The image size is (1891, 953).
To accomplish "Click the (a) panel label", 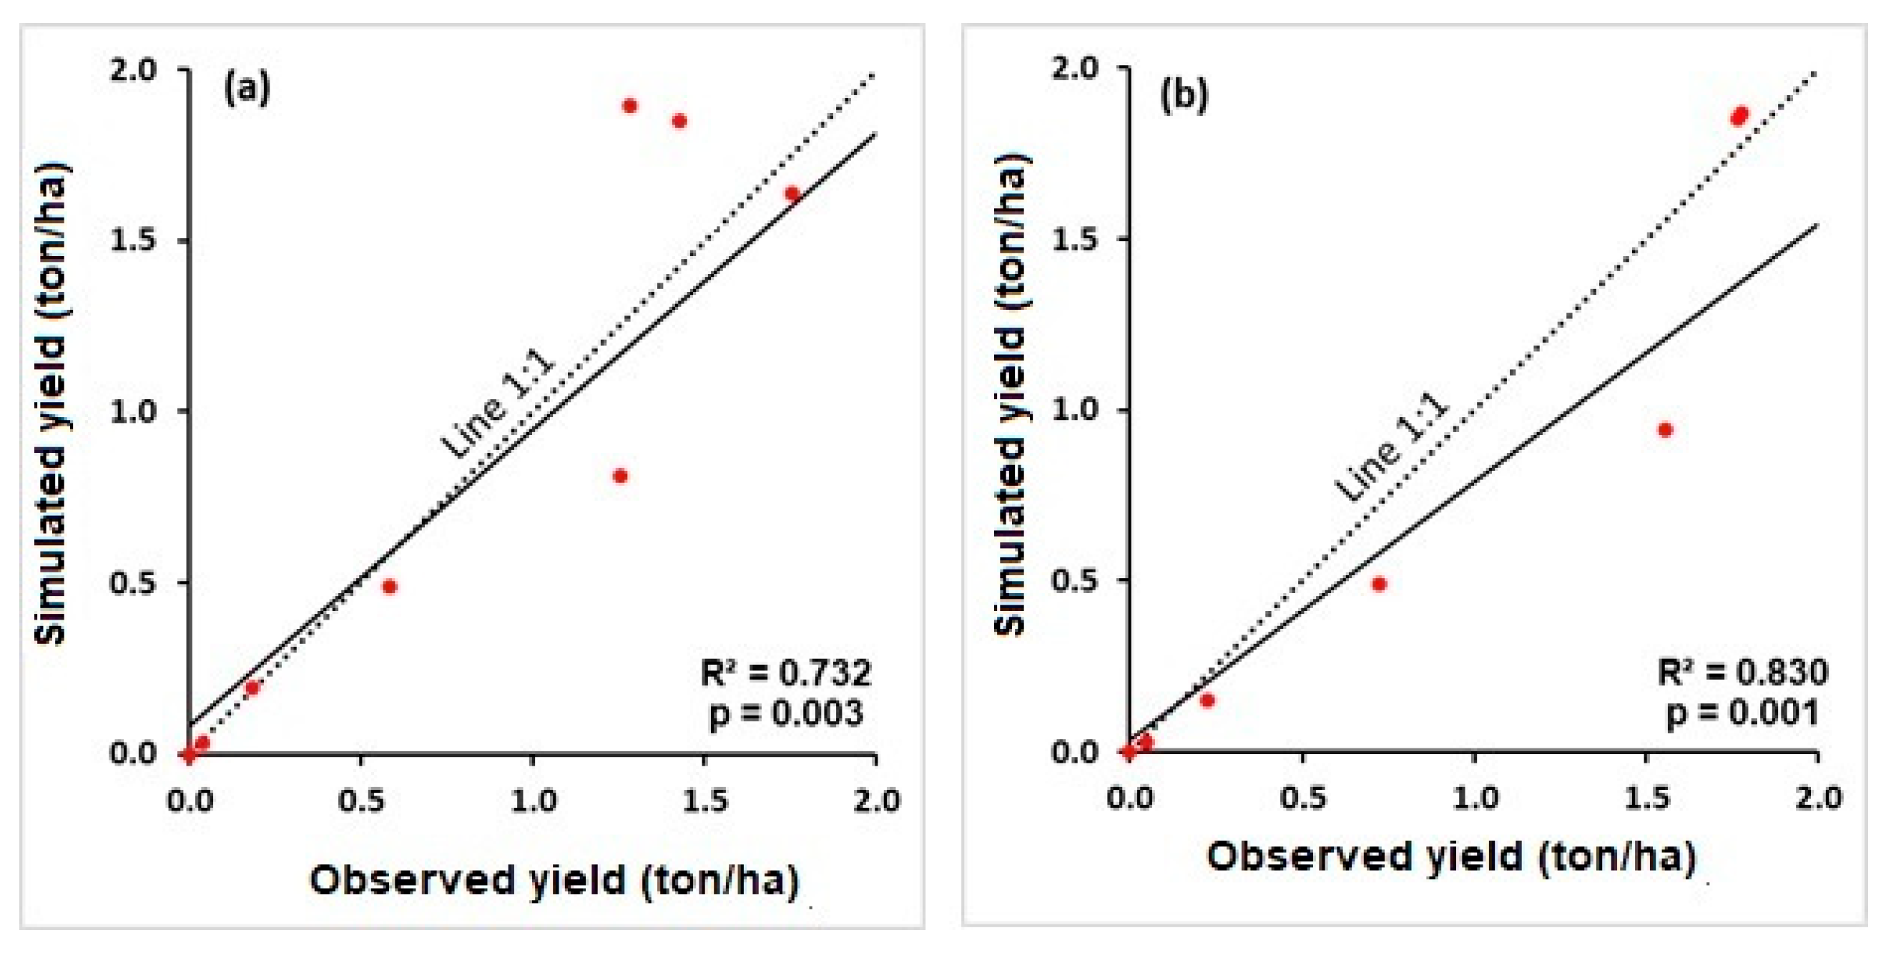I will [x=247, y=89].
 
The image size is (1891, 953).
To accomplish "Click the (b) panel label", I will [x=1184, y=96].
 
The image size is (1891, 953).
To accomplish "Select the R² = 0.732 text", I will [x=786, y=673].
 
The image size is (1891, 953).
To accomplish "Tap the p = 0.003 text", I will [x=786, y=713].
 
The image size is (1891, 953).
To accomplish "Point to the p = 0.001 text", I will [x=1744, y=713].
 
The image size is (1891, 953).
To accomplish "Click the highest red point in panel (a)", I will [x=629, y=106].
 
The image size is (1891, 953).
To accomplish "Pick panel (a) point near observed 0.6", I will [x=390, y=586].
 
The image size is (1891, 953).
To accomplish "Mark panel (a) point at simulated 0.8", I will [x=620, y=476].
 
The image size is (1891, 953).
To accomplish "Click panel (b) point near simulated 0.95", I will [x=1666, y=429].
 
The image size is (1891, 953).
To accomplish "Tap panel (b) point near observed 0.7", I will [x=1379, y=584].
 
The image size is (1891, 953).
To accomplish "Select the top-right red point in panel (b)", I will [x=1739, y=116].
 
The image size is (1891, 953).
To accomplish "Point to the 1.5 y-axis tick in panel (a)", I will [x=134, y=241].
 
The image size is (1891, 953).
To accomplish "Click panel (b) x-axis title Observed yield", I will [x=1450, y=857].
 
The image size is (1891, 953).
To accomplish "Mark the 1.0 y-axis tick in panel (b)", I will [x=1076, y=410].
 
